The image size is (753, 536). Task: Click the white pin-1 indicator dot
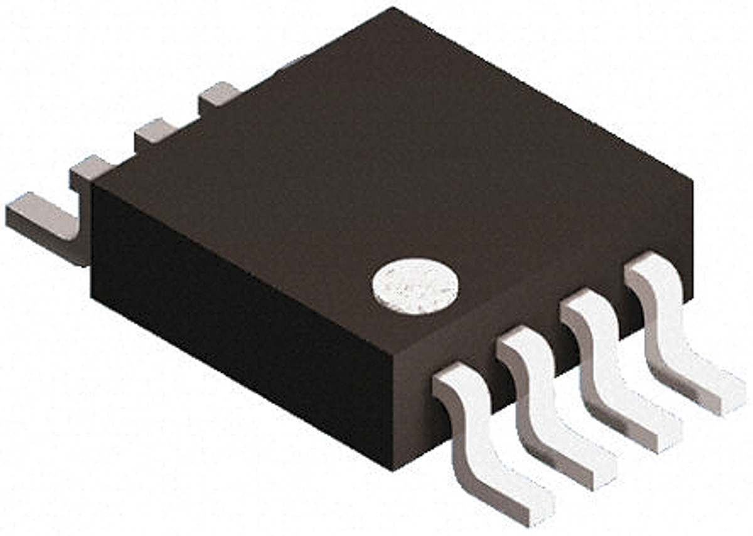415,287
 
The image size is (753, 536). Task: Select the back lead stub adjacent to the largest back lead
91,169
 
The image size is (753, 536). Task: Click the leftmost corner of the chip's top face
94,182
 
